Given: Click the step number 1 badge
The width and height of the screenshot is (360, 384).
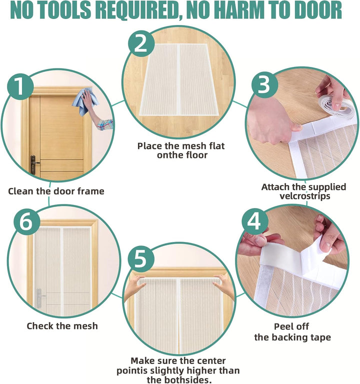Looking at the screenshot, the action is click(x=20, y=86).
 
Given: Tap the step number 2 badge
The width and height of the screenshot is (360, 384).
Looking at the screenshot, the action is click(x=141, y=43).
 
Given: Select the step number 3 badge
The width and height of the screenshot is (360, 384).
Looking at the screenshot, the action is click(x=264, y=84).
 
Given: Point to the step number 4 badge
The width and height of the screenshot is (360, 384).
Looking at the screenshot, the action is click(x=255, y=222).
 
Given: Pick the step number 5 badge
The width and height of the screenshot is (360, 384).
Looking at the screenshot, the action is click(x=141, y=259).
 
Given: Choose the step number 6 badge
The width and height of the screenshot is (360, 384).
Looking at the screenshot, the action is click(x=26, y=222).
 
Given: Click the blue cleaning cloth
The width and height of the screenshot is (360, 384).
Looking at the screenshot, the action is click(x=84, y=101).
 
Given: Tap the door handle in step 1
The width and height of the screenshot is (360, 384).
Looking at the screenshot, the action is click(x=34, y=164).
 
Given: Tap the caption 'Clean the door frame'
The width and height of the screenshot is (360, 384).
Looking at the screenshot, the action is click(x=56, y=191).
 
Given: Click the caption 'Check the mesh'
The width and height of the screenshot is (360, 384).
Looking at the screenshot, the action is click(x=62, y=326).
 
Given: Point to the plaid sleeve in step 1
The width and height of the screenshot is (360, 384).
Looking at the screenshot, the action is click(x=105, y=124).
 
